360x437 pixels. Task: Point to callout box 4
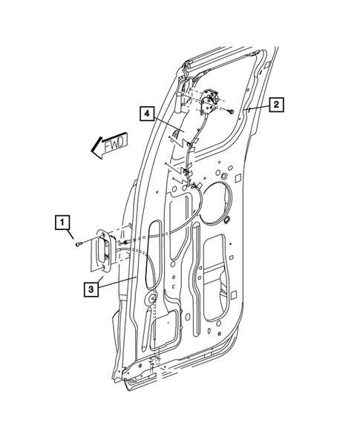click(148, 114)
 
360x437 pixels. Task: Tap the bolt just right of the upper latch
click(233, 111)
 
